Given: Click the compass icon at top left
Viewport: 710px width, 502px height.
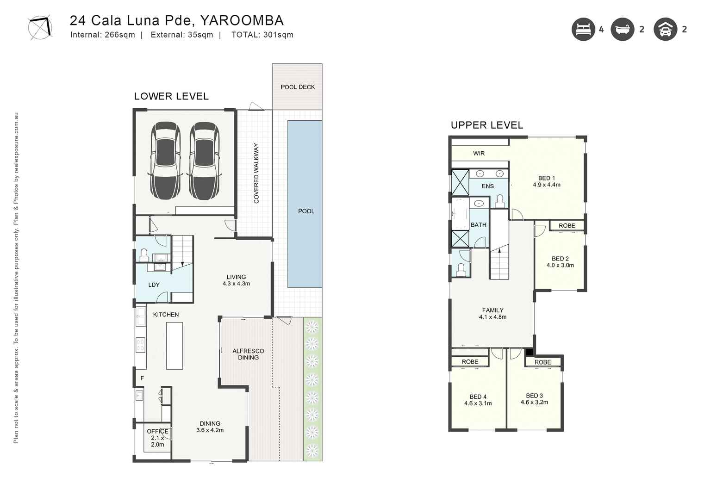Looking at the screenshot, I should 40,28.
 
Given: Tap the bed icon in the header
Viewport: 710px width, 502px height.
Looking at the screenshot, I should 583,30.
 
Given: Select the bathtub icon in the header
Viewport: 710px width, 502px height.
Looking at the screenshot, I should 622,30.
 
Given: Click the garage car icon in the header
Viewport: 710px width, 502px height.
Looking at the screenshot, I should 665,30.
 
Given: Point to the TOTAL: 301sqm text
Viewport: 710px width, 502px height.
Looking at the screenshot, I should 262,35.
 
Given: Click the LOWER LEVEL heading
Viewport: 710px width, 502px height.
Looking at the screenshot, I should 171,96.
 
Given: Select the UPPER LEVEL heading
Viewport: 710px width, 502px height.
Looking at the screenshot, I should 487,125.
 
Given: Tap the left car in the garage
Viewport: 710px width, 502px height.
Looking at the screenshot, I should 165,161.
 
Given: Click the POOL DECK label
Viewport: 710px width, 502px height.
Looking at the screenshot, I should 298,87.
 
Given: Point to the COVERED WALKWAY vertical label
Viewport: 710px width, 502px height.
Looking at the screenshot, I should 256,173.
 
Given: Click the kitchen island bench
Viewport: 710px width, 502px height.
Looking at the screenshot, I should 174,346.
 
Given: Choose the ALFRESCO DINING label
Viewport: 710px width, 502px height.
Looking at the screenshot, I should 248,354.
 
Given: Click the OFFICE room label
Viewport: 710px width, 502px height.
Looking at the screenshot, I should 157,431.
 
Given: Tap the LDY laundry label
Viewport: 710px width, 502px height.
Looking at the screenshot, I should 154,285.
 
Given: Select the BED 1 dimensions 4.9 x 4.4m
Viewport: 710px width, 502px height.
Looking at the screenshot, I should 547,185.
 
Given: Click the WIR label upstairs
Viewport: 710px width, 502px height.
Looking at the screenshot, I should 479,153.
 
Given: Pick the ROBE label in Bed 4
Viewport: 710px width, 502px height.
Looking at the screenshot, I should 470,362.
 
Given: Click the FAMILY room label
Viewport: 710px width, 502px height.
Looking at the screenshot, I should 492,310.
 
